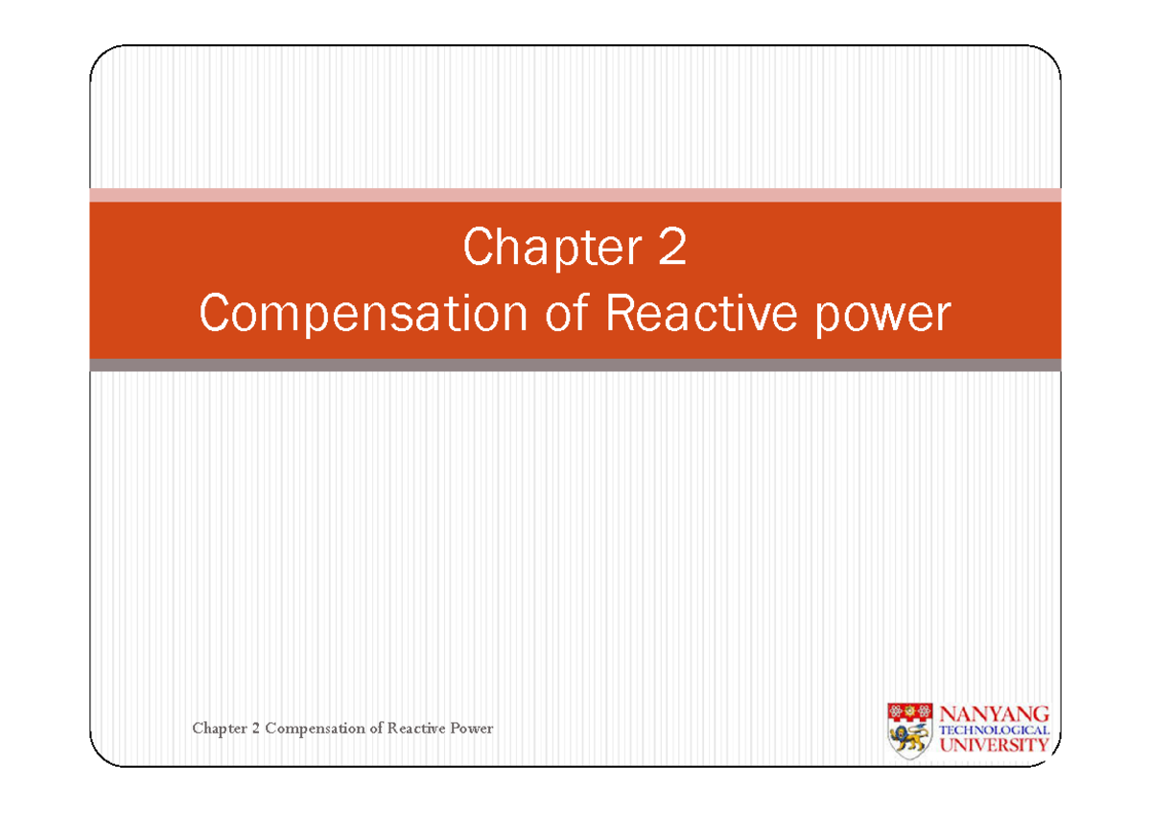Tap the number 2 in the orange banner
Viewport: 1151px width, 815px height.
[x=671, y=249]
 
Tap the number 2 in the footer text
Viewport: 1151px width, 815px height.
[x=256, y=729]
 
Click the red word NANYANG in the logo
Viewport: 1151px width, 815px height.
[x=993, y=713]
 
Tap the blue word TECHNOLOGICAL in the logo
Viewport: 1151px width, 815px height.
[x=993, y=730]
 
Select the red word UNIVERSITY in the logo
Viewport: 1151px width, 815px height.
[x=993, y=745]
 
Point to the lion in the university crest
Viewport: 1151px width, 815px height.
[x=909, y=738]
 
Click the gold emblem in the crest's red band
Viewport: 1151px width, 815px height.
[x=909, y=711]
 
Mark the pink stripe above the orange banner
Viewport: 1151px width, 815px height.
[x=575, y=195]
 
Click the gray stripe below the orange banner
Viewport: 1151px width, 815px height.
[x=575, y=365]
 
